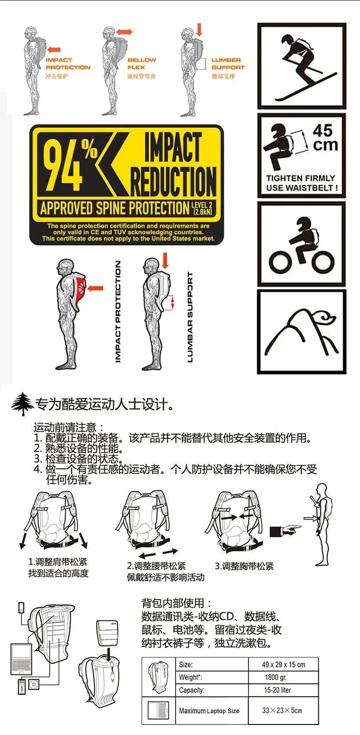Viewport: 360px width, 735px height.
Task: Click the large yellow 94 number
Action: [63, 165]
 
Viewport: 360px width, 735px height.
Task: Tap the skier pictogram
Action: [301, 66]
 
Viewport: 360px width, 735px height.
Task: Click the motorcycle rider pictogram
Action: [301, 244]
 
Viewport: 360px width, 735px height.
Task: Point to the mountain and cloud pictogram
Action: [301, 332]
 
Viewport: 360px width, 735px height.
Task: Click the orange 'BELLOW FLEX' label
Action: [142, 64]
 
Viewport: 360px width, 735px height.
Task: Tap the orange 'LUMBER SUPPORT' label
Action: [228, 64]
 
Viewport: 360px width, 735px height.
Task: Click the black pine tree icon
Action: [22, 404]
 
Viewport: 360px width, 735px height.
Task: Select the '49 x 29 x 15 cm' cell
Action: [284, 665]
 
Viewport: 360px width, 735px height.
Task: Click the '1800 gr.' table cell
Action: [276, 677]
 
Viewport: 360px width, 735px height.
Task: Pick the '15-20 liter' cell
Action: [277, 690]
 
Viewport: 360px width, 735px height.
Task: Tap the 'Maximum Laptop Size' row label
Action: [209, 711]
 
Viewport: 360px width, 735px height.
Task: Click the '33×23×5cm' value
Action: [282, 711]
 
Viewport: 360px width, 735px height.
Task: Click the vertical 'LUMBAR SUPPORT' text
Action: [190, 317]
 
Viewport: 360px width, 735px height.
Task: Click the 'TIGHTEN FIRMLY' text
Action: [300, 178]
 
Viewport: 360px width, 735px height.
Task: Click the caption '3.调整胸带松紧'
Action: [244, 566]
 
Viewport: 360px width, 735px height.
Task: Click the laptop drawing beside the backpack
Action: [22, 659]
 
